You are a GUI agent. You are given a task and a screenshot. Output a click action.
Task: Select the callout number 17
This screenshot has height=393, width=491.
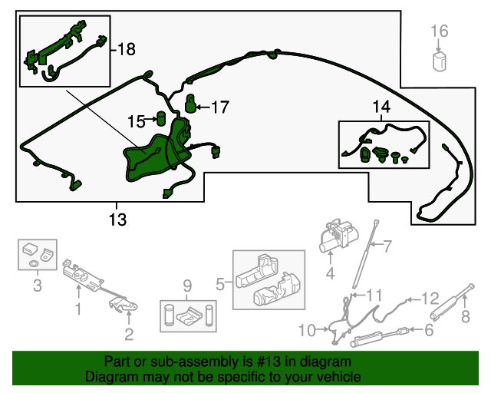pyautogui.click(x=219, y=107)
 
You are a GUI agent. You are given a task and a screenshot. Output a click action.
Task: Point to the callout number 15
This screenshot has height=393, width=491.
pyautogui.click(x=136, y=121)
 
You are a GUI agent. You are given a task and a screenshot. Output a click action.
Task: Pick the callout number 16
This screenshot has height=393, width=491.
pyautogui.click(x=439, y=31)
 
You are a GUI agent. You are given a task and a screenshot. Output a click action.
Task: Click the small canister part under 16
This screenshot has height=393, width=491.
pyautogui.click(x=440, y=61)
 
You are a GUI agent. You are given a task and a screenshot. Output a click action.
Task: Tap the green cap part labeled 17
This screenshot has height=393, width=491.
pyautogui.click(x=193, y=102)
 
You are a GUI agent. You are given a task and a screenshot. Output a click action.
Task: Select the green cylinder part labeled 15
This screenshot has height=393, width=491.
pyautogui.click(x=162, y=117)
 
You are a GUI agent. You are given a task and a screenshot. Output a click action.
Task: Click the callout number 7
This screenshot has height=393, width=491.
pyautogui.click(x=387, y=246)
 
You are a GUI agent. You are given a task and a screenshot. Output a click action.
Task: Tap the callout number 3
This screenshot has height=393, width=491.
pyautogui.click(x=36, y=288)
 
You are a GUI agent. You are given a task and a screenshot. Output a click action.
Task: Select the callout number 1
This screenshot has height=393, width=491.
pyautogui.click(x=77, y=310)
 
